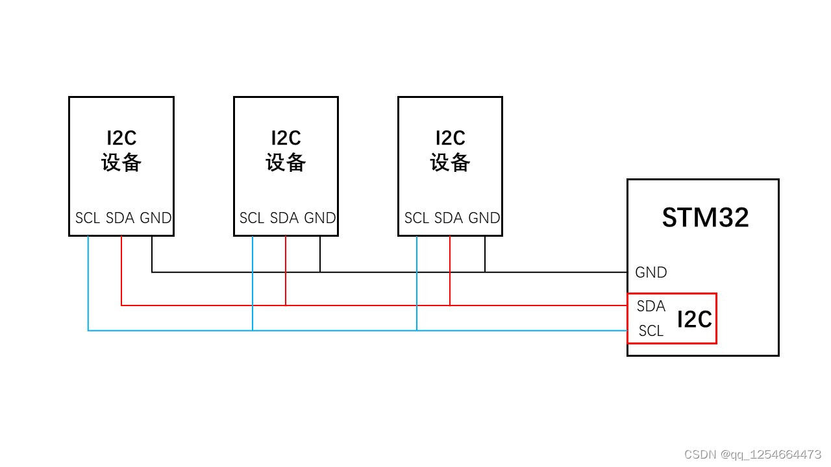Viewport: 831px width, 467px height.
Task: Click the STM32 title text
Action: (705, 217)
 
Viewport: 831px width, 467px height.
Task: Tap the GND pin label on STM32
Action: (651, 272)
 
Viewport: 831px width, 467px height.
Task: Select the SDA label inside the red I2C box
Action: (651, 306)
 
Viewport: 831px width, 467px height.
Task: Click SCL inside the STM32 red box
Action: (651, 331)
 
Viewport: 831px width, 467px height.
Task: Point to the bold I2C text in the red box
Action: (694, 319)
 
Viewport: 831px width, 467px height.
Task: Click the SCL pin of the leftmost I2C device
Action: (88, 218)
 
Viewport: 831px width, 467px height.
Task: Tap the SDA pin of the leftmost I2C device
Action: (120, 218)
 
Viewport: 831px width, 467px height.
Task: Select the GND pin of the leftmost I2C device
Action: (156, 218)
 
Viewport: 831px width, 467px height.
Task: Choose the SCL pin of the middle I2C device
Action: (252, 218)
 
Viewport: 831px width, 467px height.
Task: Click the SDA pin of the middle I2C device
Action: (284, 218)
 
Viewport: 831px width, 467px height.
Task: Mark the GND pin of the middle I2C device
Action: (320, 218)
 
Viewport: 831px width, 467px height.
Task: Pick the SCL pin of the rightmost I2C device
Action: (417, 218)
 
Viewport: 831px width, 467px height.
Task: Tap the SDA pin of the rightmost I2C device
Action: (449, 218)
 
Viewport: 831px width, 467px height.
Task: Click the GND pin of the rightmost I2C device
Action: (484, 218)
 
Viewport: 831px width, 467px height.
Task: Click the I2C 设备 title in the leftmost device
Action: (121, 150)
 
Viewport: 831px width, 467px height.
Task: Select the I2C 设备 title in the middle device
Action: (286, 150)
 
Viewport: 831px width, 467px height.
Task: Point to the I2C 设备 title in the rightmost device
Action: (450, 150)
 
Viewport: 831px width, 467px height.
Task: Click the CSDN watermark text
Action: (752, 454)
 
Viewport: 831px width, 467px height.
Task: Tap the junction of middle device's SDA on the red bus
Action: (286, 305)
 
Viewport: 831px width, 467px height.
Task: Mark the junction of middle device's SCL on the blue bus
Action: (253, 331)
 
